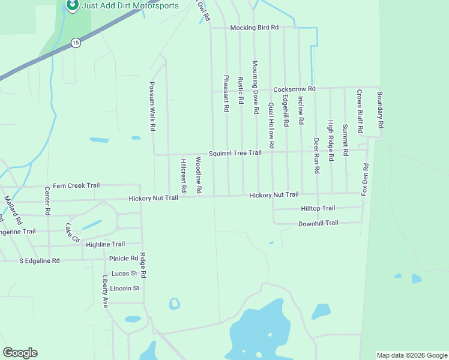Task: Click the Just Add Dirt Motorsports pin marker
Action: point(72,5)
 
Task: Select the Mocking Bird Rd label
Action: point(255,28)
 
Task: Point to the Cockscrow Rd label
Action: point(294,89)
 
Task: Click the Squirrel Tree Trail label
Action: point(235,153)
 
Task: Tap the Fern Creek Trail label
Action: point(76,185)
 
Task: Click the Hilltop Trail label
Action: point(318,208)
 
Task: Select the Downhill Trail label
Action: point(318,223)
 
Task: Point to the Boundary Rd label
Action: point(379,110)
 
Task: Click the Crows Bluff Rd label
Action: point(359,112)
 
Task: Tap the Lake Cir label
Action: point(72,233)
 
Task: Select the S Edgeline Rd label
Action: point(40,261)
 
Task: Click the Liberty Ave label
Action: point(105,292)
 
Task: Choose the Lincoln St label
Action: point(125,288)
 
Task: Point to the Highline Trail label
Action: point(105,244)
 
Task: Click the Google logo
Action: point(20,353)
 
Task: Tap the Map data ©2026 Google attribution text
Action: point(412,355)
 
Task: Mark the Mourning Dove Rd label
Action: point(255,87)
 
